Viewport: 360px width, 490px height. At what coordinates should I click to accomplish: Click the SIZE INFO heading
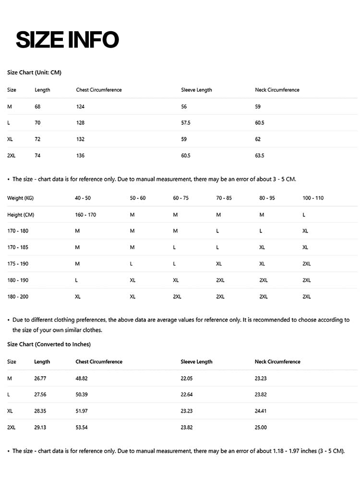[67, 39]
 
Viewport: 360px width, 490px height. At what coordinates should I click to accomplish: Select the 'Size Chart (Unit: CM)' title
[34, 73]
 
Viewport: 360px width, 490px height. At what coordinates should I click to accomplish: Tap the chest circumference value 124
[80, 107]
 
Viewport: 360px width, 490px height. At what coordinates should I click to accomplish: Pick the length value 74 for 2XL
[37, 156]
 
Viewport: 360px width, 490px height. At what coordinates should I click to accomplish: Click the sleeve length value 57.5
[186, 123]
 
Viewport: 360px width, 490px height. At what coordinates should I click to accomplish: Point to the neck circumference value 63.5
[260, 156]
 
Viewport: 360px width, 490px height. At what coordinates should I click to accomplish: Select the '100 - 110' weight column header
[313, 198]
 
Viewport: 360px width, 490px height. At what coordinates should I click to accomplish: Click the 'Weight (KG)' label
[20, 198]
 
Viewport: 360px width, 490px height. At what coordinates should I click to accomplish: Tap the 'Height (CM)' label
[21, 215]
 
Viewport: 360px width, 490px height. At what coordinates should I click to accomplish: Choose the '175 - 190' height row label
[18, 264]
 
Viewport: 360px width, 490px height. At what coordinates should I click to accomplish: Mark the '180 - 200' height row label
[18, 296]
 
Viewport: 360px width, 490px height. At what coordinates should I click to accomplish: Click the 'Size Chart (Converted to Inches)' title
[49, 344]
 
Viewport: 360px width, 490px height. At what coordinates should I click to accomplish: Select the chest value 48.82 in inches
[82, 379]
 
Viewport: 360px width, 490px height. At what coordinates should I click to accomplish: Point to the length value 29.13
[40, 428]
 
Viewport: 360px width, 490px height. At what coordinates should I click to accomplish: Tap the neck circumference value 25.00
[261, 428]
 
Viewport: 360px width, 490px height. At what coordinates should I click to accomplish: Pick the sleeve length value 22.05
[187, 379]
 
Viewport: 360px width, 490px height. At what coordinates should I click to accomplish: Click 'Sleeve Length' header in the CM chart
[196, 90]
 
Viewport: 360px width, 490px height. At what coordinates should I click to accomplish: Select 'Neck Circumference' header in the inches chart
[277, 362]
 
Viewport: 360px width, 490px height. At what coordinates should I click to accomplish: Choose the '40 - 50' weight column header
[83, 198]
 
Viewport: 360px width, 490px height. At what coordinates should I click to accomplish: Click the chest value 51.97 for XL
[82, 411]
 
